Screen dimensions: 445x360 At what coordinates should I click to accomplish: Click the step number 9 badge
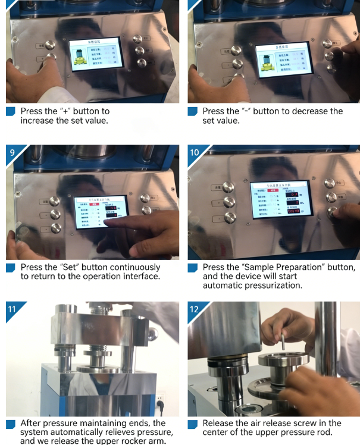pyautogui.click(x=12, y=153)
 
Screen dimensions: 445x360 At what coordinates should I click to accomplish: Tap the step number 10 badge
pyautogui.click(x=195, y=153)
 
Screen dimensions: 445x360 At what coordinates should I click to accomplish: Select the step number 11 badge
pyautogui.click(x=12, y=309)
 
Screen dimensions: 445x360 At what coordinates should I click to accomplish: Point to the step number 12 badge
pyautogui.click(x=195, y=309)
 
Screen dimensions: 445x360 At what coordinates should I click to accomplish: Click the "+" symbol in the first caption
pyautogui.click(x=65, y=111)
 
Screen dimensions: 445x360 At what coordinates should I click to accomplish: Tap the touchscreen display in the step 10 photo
pyautogui.click(x=280, y=200)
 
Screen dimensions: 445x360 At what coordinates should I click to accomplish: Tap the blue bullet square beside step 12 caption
pyautogui.click(x=192, y=424)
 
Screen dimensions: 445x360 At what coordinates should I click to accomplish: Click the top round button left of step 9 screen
pyautogui.click(x=55, y=201)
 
